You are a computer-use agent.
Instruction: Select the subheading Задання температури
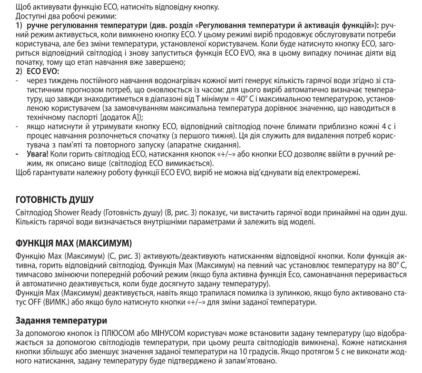pos(55,321)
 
